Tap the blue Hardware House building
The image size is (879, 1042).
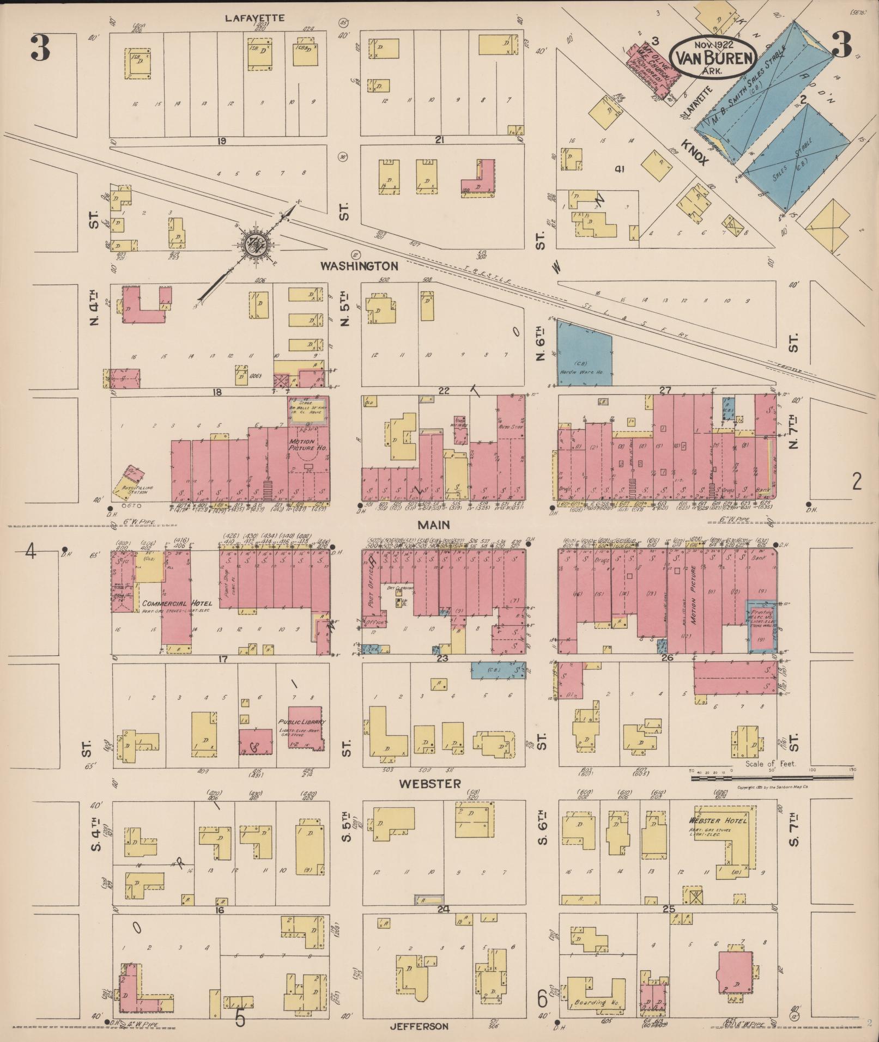click(584, 354)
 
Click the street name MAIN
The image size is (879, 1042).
click(434, 525)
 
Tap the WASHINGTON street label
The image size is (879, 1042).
click(359, 266)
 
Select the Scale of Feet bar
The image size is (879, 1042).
click(771, 778)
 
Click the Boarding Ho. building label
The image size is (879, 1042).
click(590, 1002)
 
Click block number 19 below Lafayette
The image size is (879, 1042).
click(221, 141)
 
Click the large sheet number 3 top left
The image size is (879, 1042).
click(40, 49)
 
